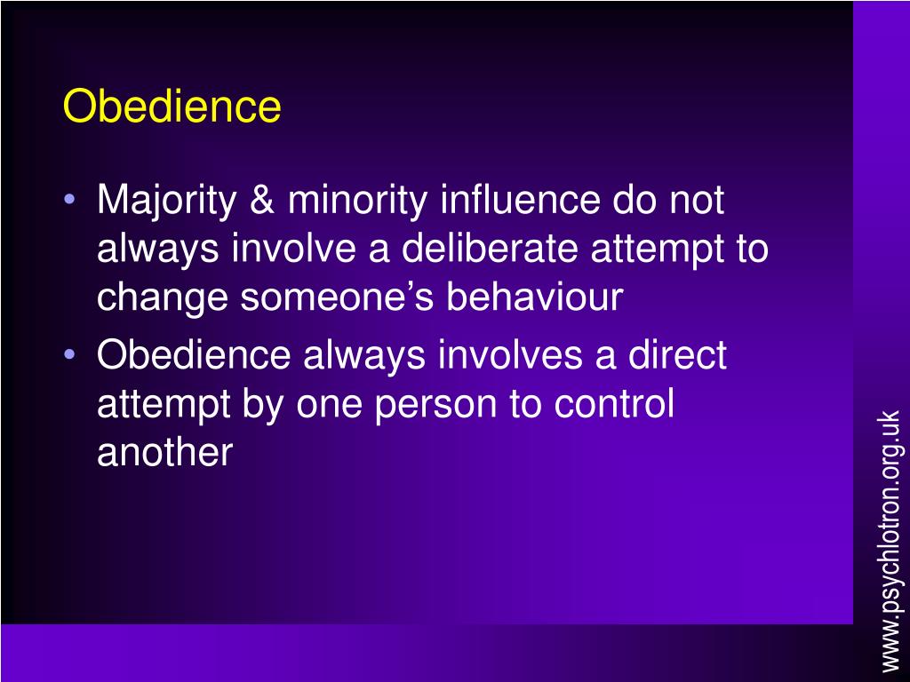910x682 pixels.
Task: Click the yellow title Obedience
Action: pyautogui.click(x=172, y=107)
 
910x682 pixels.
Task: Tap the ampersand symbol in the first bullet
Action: pyautogui.click(x=263, y=201)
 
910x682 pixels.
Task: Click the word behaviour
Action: pyautogui.click(x=535, y=297)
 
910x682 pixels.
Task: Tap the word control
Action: pyautogui.click(x=614, y=405)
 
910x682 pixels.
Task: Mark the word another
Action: pyautogui.click(x=164, y=454)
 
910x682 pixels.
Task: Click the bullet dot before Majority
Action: pyautogui.click(x=70, y=202)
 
